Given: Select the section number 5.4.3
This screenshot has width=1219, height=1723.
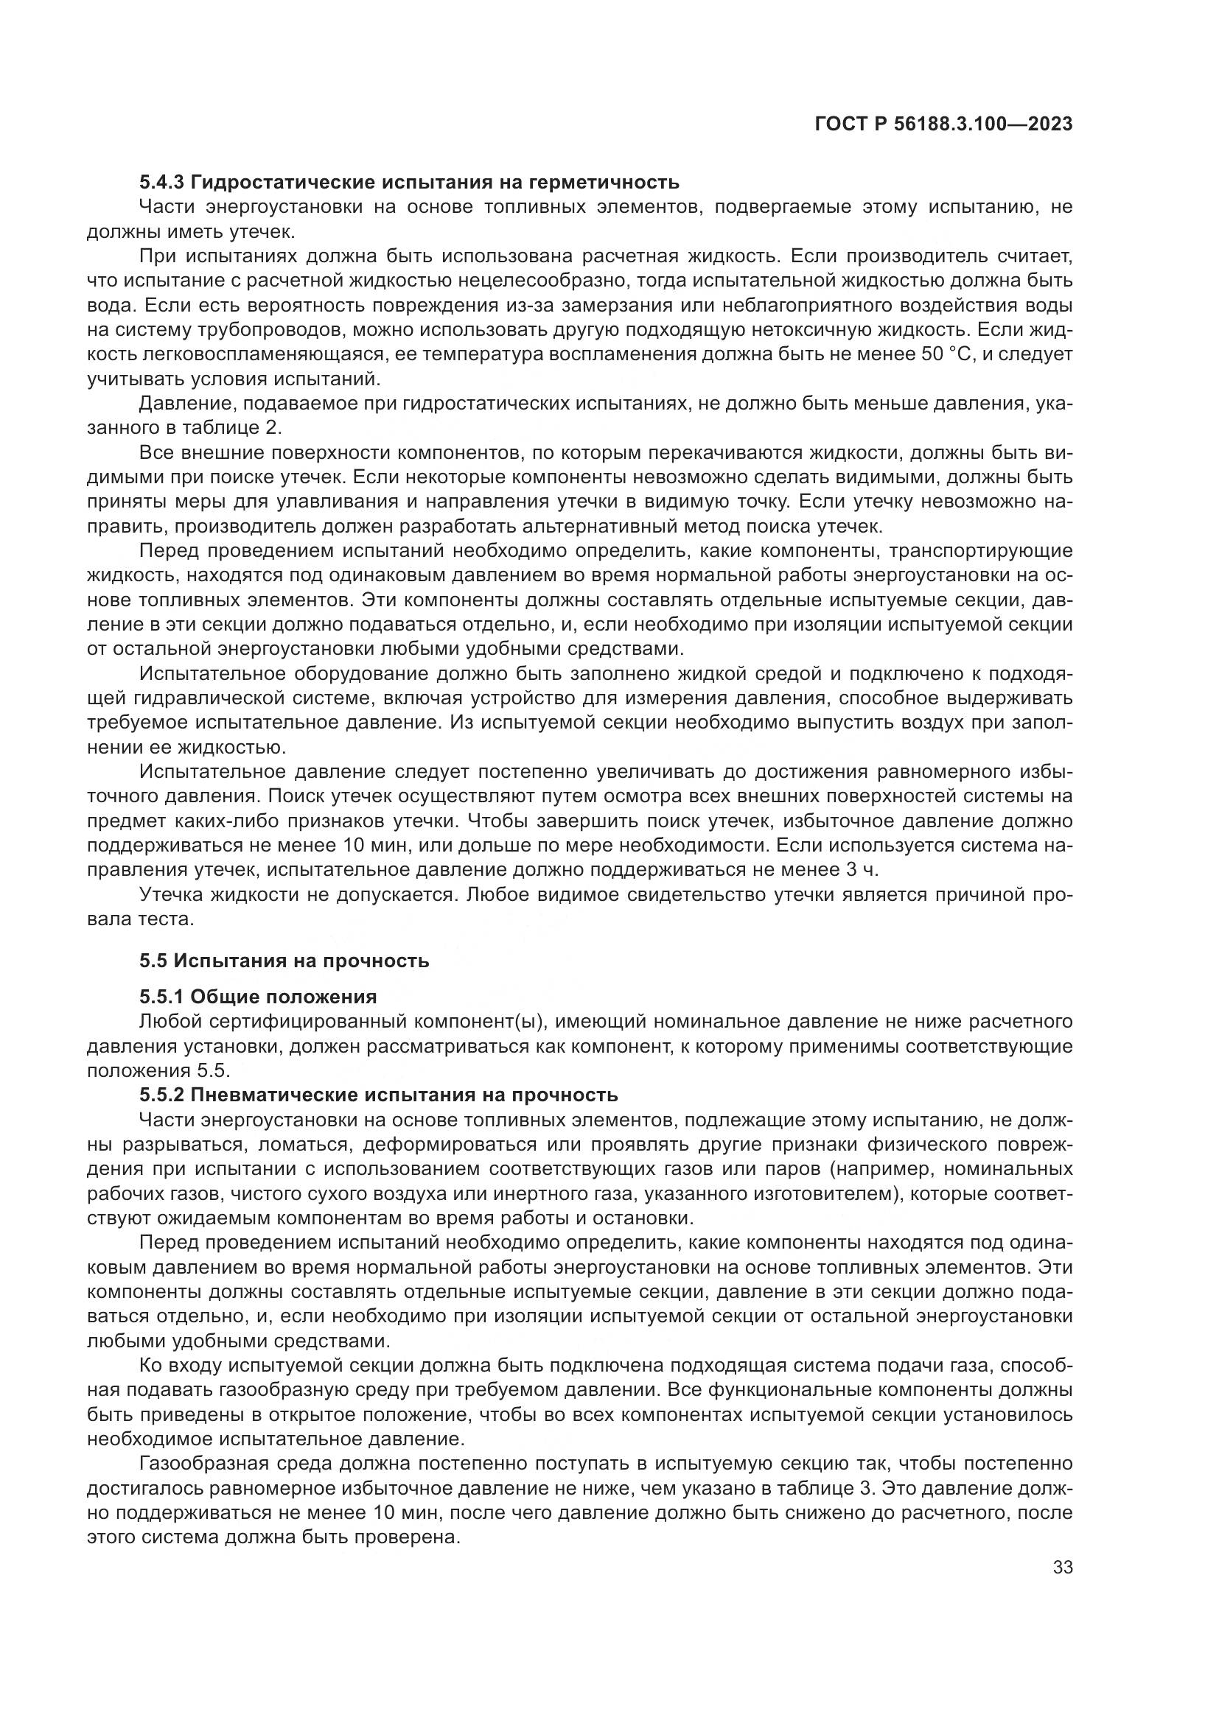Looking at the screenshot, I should tap(162, 183).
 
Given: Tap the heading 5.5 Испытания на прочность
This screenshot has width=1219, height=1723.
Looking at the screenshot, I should tap(284, 961).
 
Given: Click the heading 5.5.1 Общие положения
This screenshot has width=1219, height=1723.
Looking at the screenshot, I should tap(257, 997).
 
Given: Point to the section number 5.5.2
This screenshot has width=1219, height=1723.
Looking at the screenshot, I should tap(162, 1095).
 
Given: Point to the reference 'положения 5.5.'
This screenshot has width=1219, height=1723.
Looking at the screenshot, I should tap(158, 1070).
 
